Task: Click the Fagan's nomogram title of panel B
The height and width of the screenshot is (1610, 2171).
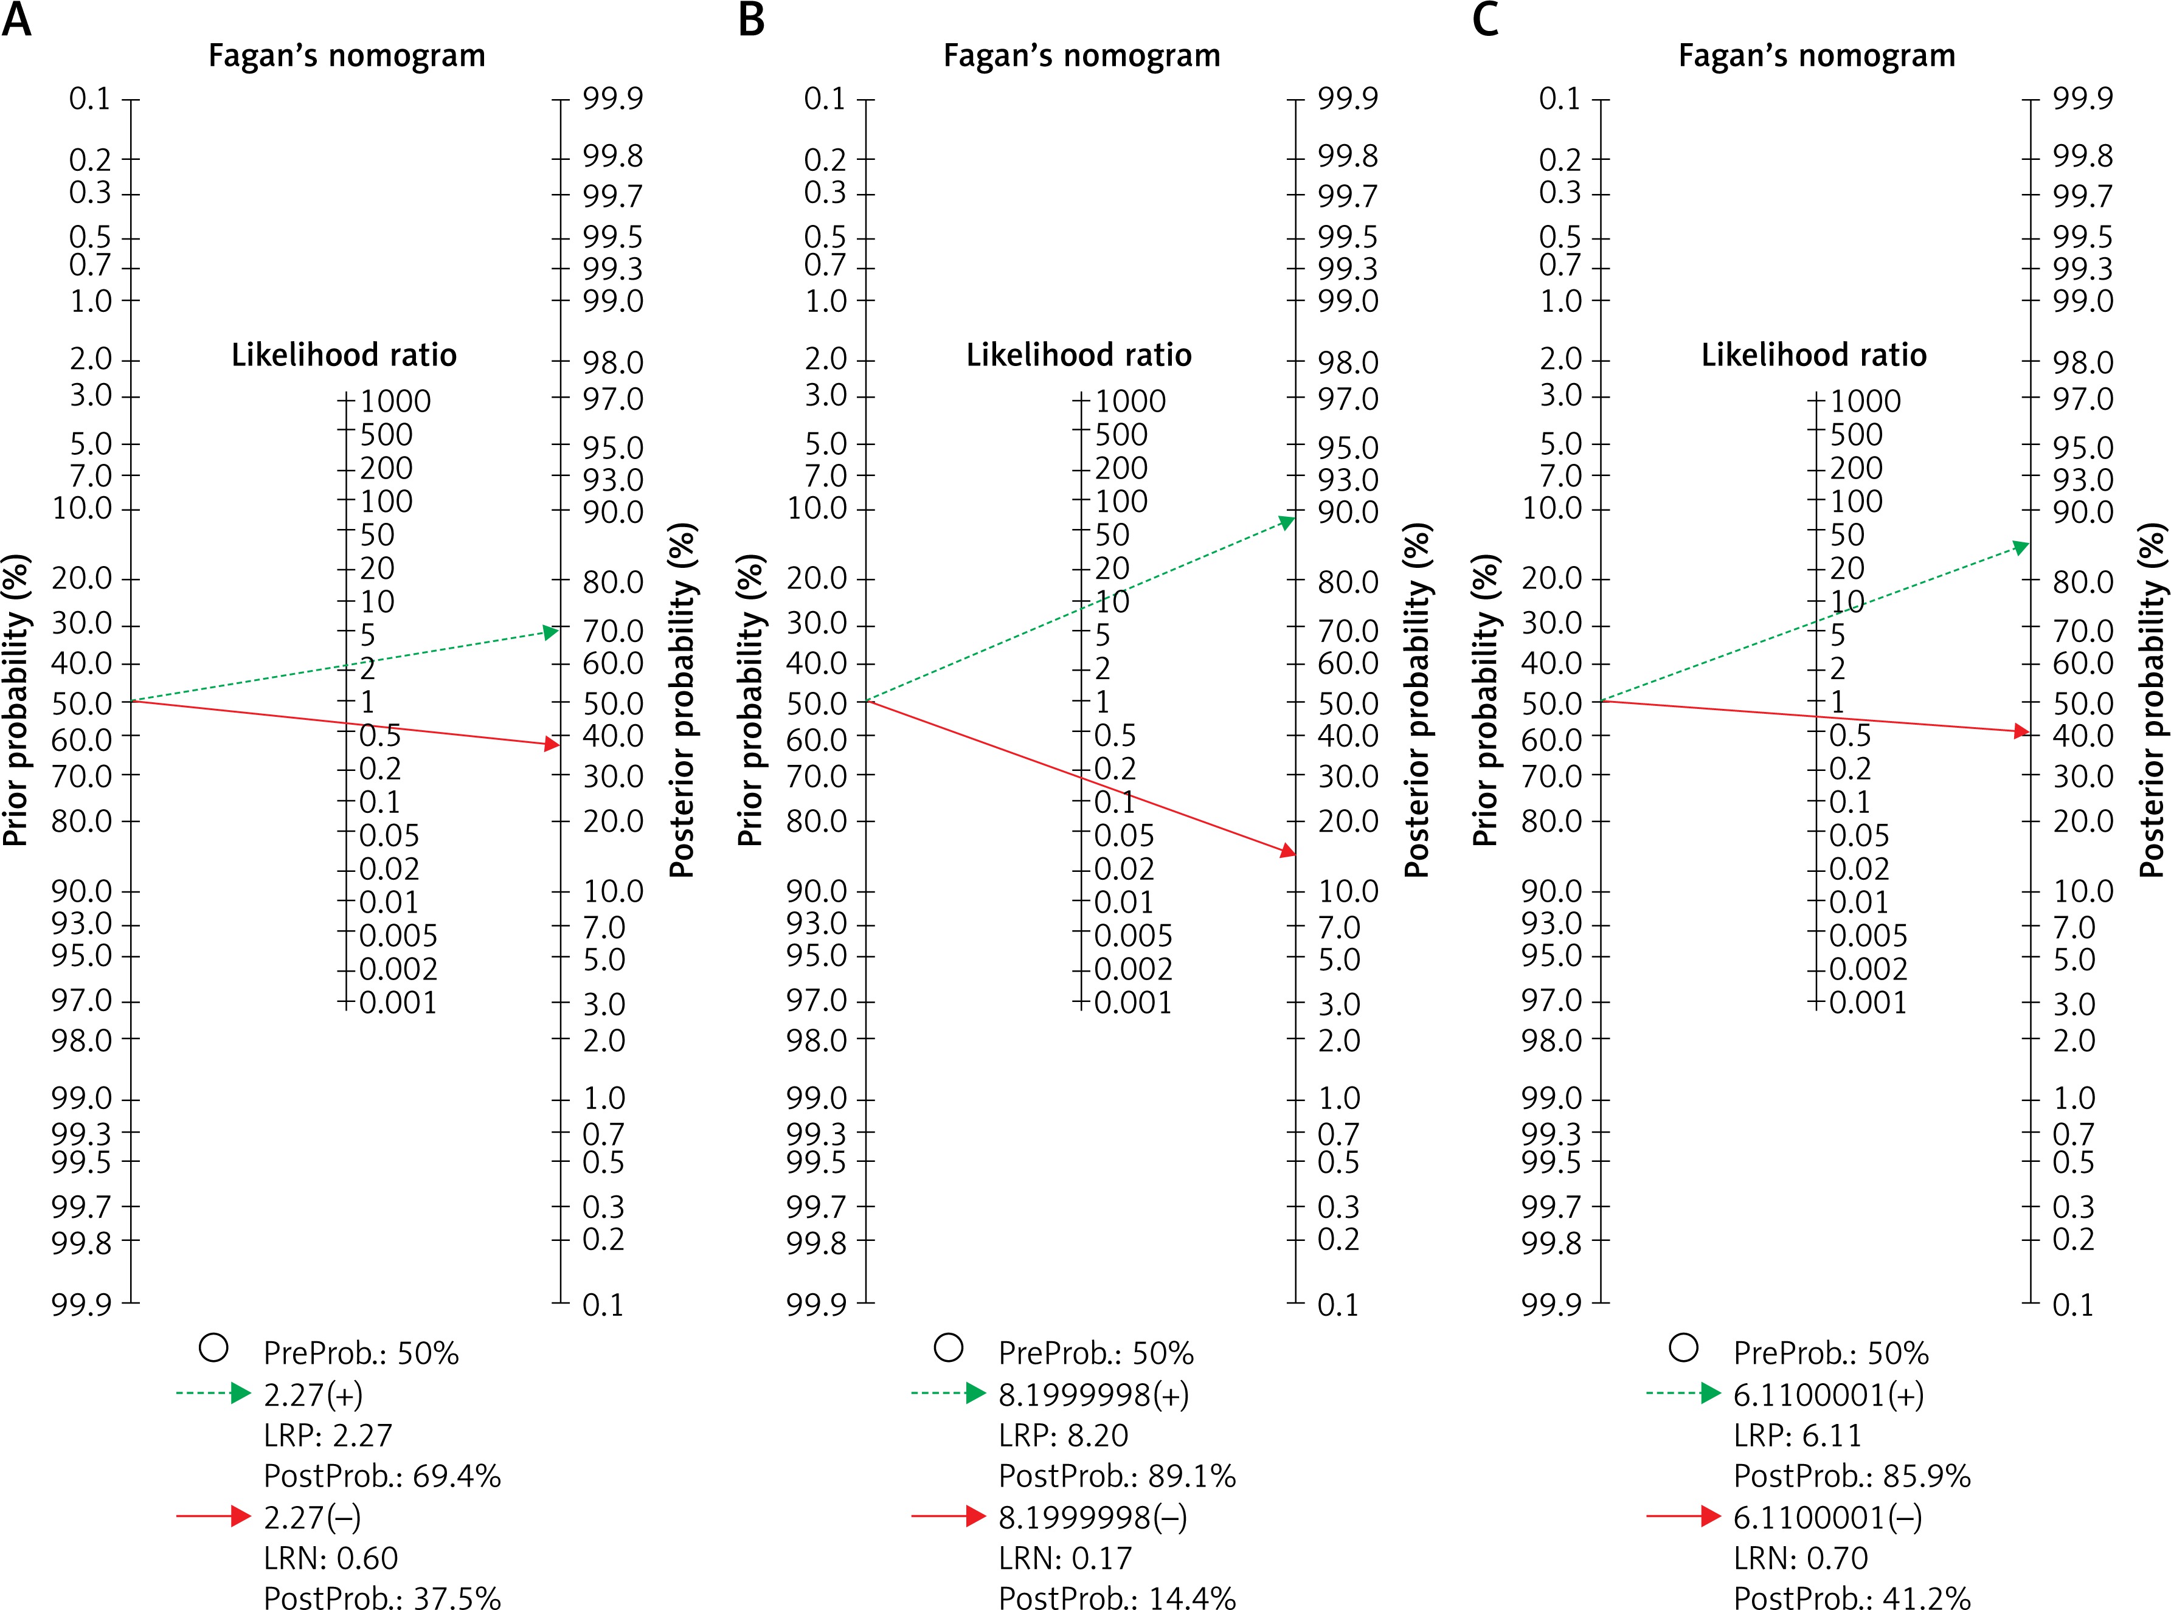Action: click(1081, 55)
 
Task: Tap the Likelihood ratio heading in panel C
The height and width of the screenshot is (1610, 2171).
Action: click(1813, 354)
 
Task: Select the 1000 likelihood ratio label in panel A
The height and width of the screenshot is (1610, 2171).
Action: click(395, 401)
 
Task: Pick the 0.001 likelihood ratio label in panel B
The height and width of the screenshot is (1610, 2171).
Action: click(1132, 1002)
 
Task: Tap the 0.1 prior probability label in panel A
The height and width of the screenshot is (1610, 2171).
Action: click(89, 98)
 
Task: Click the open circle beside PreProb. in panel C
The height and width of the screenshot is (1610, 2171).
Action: click(1683, 1348)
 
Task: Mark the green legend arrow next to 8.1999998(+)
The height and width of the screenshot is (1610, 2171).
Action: click(949, 1394)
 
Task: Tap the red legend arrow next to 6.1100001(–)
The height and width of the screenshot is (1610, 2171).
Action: click(1683, 1516)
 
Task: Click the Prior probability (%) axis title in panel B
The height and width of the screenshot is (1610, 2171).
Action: click(750, 700)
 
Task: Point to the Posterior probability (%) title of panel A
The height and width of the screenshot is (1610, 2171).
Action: click(682, 700)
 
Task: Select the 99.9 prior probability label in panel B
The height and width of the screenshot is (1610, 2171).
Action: click(817, 1304)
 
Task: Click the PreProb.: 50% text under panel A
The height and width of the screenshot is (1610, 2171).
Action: click(361, 1353)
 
